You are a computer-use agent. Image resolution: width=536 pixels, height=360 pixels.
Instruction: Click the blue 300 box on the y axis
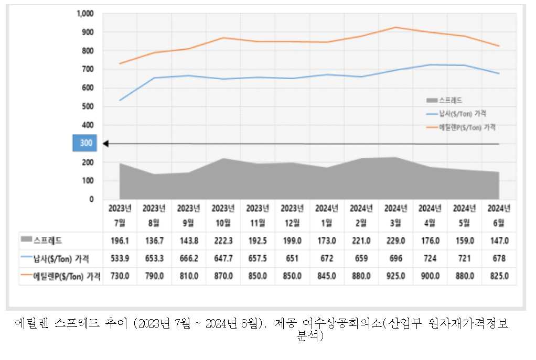point(84,143)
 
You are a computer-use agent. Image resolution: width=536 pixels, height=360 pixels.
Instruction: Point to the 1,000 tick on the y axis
point(85,13)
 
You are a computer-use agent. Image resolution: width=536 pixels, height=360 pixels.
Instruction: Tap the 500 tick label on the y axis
point(87,106)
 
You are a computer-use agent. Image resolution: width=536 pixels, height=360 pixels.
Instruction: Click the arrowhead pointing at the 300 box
point(105,143)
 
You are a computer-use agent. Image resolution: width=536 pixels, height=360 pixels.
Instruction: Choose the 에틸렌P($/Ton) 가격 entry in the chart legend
point(462,127)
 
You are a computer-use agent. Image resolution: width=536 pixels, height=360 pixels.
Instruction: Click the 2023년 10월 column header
point(223,215)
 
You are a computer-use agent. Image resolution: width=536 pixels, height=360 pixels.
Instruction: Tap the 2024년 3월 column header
point(396,215)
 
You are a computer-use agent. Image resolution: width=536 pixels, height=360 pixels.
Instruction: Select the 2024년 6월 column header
point(499,215)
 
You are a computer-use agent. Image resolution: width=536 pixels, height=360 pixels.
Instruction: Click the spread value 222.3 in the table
point(223,241)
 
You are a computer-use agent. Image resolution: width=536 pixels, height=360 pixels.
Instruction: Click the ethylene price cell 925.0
point(396,276)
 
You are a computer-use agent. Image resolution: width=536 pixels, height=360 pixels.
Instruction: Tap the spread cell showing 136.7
point(154,241)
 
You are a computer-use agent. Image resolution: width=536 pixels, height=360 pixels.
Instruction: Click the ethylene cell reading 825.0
point(499,276)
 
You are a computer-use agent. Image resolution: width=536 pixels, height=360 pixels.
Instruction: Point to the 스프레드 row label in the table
point(48,241)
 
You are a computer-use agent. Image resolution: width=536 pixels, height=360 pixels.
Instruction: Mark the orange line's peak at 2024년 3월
point(396,27)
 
